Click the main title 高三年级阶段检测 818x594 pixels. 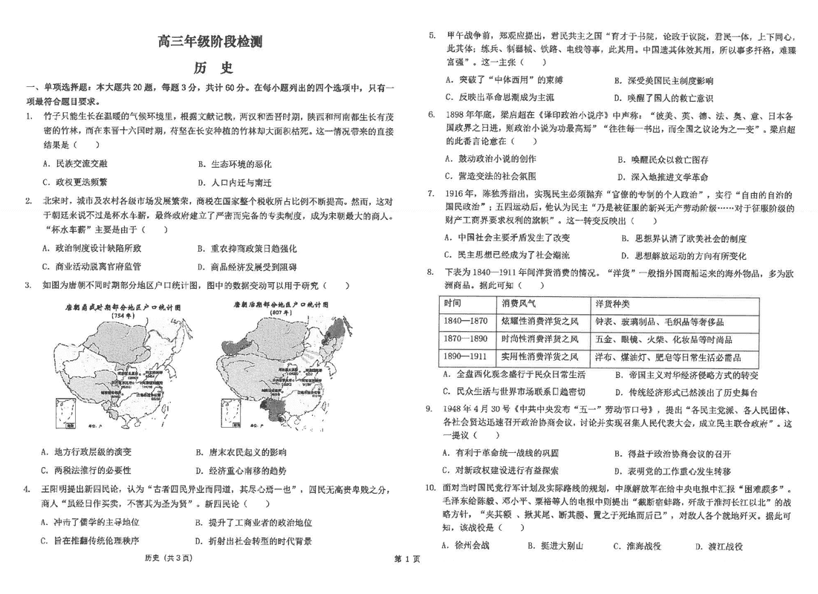(x=209, y=42)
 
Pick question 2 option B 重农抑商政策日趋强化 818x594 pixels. (x=246, y=249)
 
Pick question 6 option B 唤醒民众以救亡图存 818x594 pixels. (x=661, y=160)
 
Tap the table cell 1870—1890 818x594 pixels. (x=466, y=339)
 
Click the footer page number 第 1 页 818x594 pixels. (x=407, y=558)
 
